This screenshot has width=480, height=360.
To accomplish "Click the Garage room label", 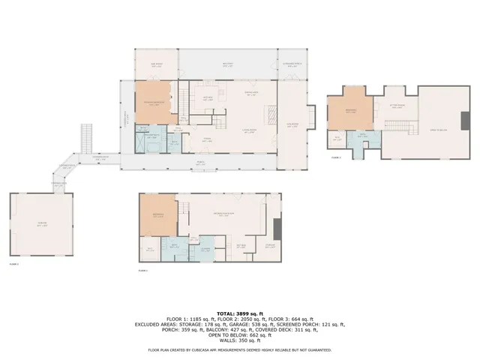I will pos(41,226).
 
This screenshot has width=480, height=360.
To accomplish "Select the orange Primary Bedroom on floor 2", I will pos(154,103).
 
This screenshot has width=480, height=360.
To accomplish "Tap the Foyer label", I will pos(207,139).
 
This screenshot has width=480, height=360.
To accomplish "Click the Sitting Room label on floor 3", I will pos(397,106).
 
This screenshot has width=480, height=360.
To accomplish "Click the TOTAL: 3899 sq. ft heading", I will pos(239,313).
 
